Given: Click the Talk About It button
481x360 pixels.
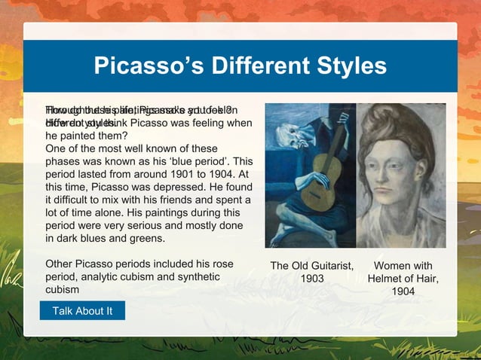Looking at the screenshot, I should coord(82,311).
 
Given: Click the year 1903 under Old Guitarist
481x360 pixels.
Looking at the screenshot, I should coord(312,279).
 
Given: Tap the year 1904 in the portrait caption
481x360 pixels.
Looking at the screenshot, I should coord(403,291).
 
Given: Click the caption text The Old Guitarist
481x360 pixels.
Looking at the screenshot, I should coord(312,266).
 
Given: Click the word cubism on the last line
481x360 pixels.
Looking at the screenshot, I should coord(63,290).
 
